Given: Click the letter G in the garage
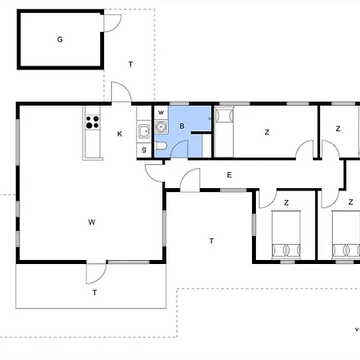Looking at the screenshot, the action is coord(60,39).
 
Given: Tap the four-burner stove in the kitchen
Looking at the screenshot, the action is coord(93,122).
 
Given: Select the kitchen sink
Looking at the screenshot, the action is coord(144,131).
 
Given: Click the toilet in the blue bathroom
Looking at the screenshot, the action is coord(161,146).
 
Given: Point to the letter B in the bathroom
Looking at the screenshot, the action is coord(182,126).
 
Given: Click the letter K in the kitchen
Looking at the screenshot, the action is coord(119,134).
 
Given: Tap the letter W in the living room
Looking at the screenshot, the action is coord(92,222).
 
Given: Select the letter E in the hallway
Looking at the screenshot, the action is coord(229,175).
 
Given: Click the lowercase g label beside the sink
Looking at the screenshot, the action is coord(144,150).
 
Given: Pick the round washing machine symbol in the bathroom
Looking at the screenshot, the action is coord(161,126).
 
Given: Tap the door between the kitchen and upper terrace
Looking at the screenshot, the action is coord(122,92).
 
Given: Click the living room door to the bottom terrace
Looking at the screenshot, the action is coord(96,274).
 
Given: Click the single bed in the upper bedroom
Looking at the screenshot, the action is coord(224,132).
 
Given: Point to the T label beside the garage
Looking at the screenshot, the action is coord(130,64).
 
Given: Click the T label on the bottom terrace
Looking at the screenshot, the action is coord(94,293).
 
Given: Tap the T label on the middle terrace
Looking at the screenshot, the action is coord(211,241).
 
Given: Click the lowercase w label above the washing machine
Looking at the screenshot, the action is coord(161,112).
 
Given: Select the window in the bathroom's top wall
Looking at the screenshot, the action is coord(179,103).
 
